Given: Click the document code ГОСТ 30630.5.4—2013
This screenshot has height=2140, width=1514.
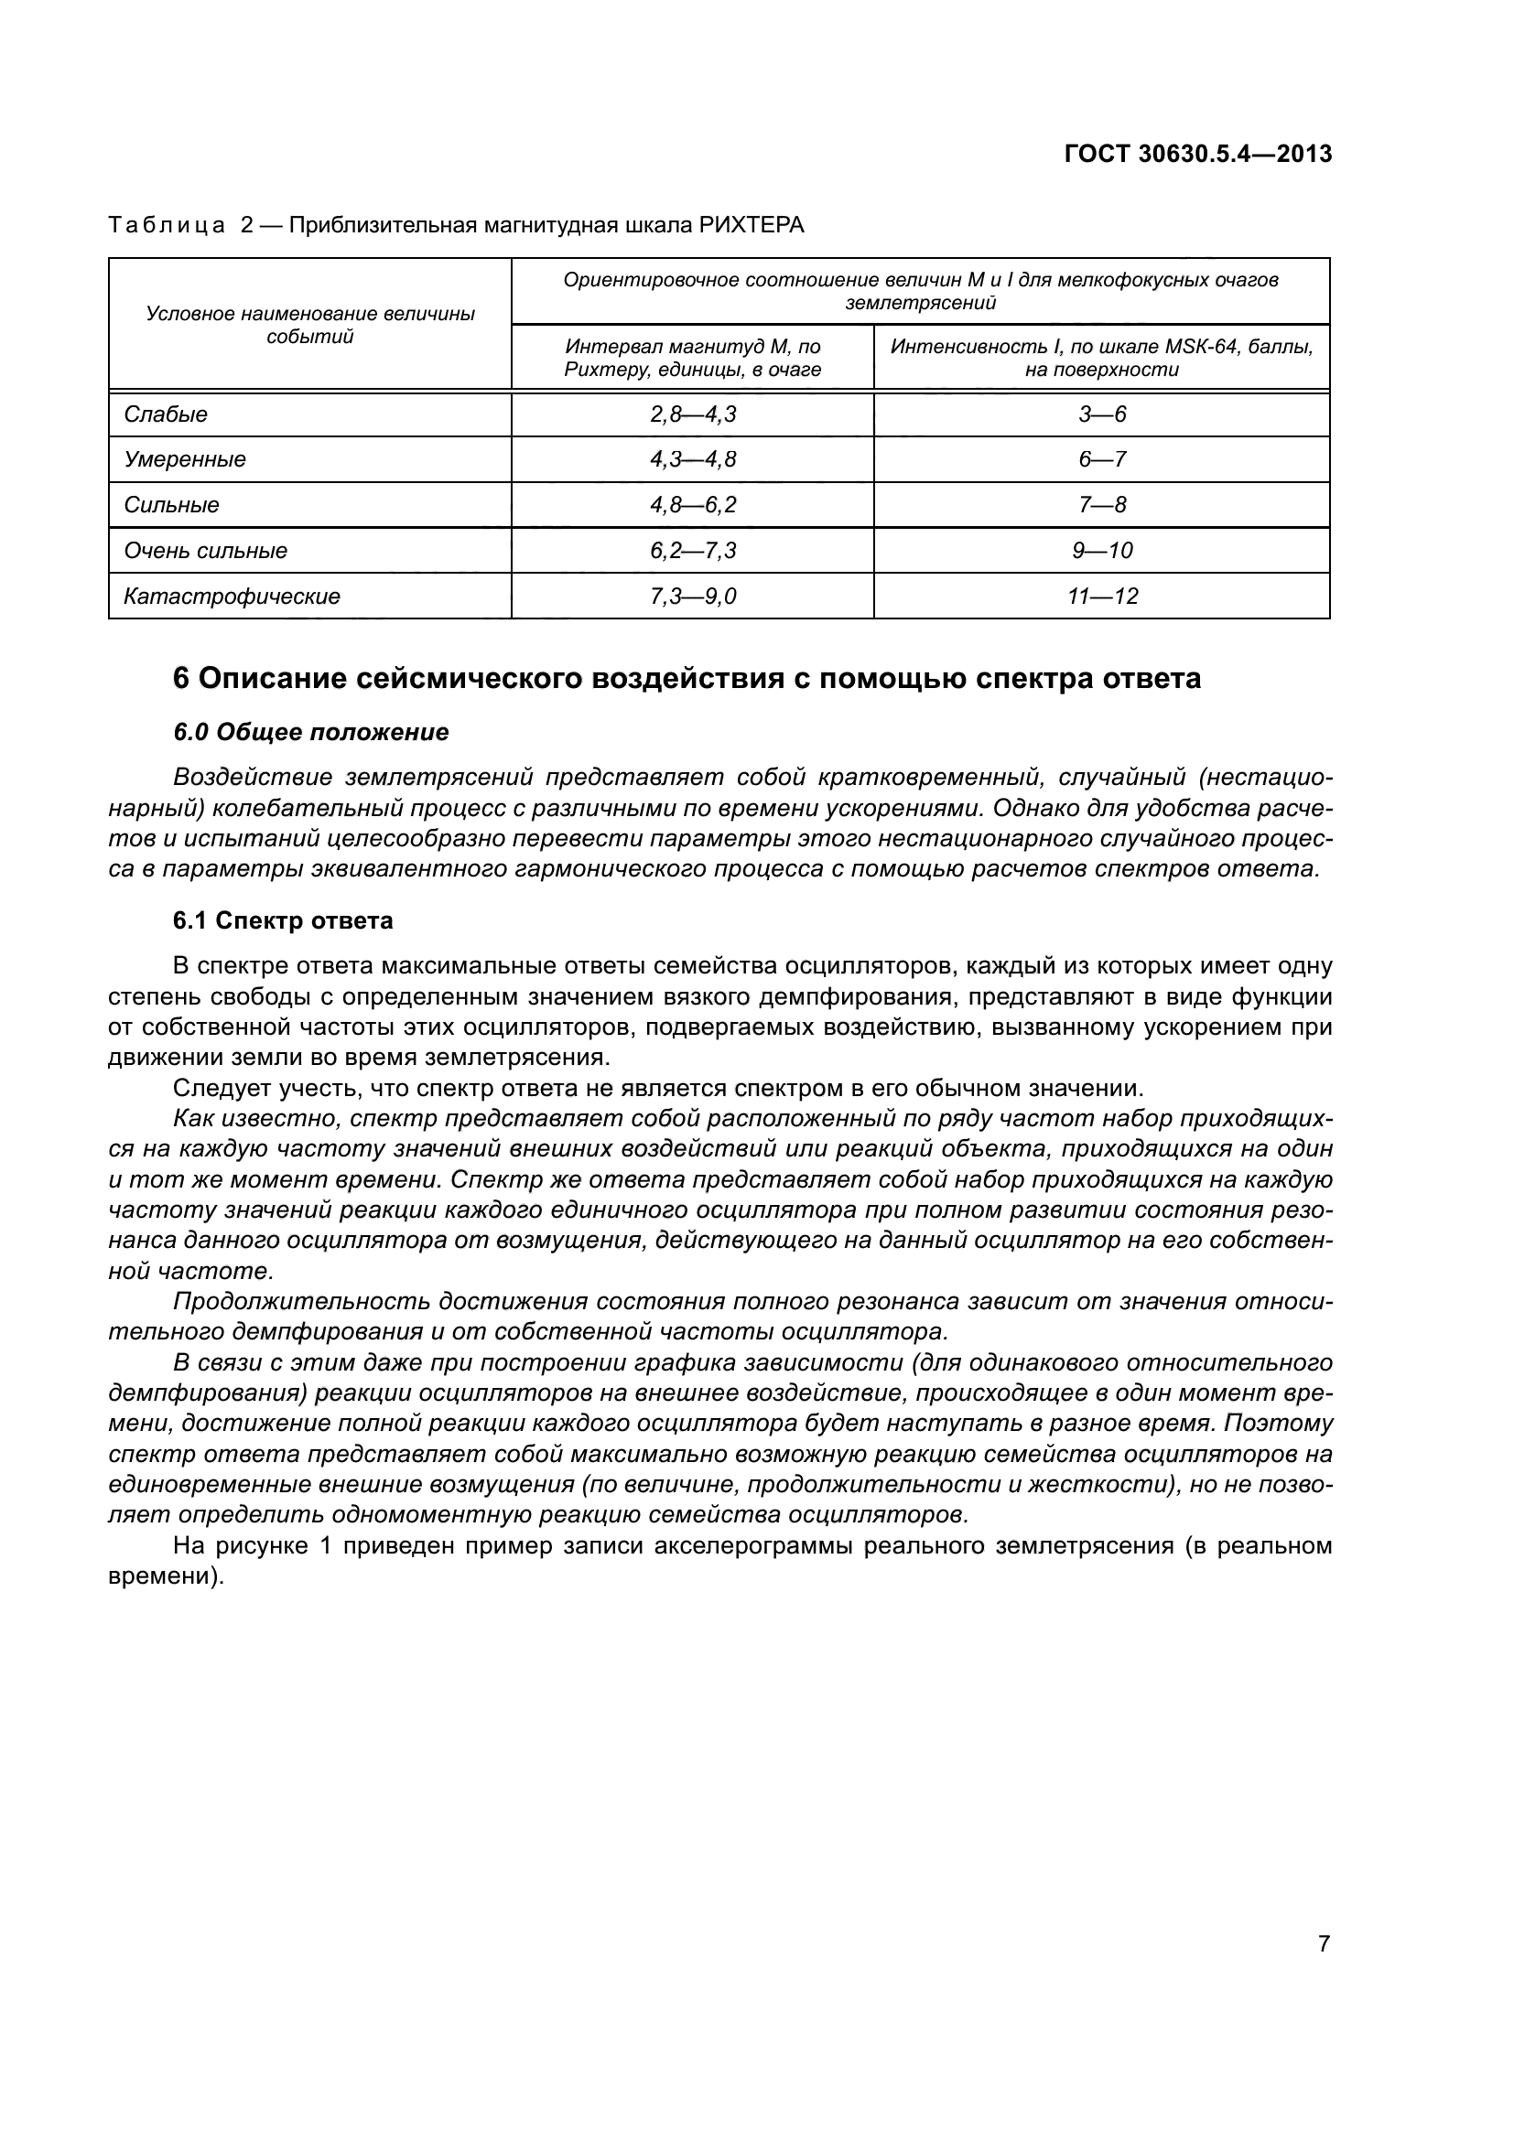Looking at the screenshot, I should tap(1197, 155).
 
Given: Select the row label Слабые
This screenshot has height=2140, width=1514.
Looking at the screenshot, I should tap(166, 414).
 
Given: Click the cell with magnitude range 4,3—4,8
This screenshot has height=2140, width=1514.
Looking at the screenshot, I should tap(693, 459).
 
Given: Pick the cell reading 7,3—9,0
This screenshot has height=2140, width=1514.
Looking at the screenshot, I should tap(693, 597).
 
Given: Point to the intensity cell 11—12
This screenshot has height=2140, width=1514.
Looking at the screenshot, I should tap(1102, 597).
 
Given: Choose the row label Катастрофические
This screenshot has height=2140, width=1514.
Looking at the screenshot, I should tap(233, 597).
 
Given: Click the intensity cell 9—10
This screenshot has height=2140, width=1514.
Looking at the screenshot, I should tap(1102, 551).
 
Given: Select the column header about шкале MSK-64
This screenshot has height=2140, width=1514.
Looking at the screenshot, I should tap(1102, 358).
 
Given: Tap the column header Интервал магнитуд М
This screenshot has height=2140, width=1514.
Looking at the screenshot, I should tap(693, 358).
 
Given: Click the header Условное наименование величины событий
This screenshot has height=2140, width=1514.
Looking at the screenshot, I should tap(310, 325).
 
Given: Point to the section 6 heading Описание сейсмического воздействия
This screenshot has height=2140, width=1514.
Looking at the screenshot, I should tap(687, 679).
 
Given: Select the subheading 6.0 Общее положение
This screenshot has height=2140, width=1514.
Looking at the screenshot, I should tap(310, 733).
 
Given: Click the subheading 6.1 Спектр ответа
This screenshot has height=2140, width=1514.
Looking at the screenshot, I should tap(283, 921).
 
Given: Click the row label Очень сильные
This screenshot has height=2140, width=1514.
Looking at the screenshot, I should tap(206, 551).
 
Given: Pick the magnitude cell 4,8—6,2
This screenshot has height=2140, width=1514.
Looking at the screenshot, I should tap(693, 505).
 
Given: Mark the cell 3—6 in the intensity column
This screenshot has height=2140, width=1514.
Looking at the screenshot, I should tap(1102, 414).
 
